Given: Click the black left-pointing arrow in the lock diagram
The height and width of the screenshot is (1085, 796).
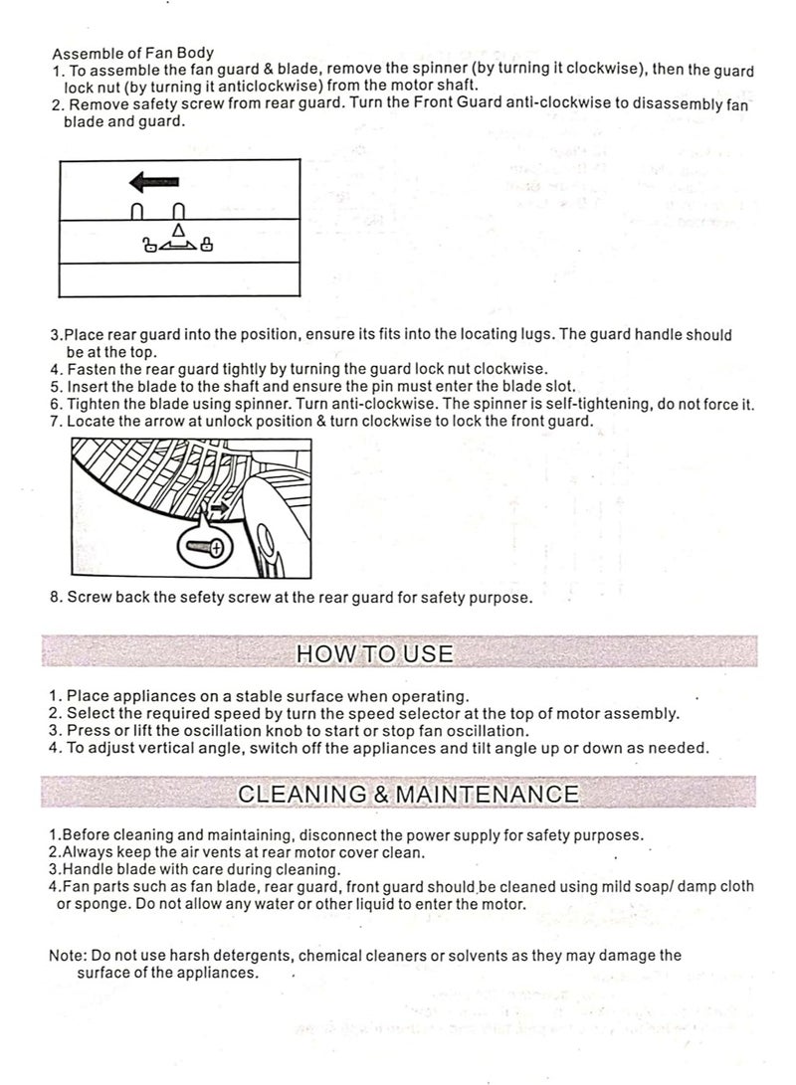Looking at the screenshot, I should [x=153, y=182].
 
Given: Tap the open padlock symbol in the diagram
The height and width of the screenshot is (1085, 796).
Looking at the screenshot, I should [x=150, y=245].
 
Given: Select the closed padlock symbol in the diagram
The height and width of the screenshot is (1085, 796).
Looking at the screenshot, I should [x=205, y=245].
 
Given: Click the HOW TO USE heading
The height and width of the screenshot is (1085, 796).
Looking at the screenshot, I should [x=375, y=653].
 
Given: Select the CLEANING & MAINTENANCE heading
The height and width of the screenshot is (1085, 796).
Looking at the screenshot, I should [x=409, y=794].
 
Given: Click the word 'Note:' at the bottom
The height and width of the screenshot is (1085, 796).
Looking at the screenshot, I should [x=68, y=956].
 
